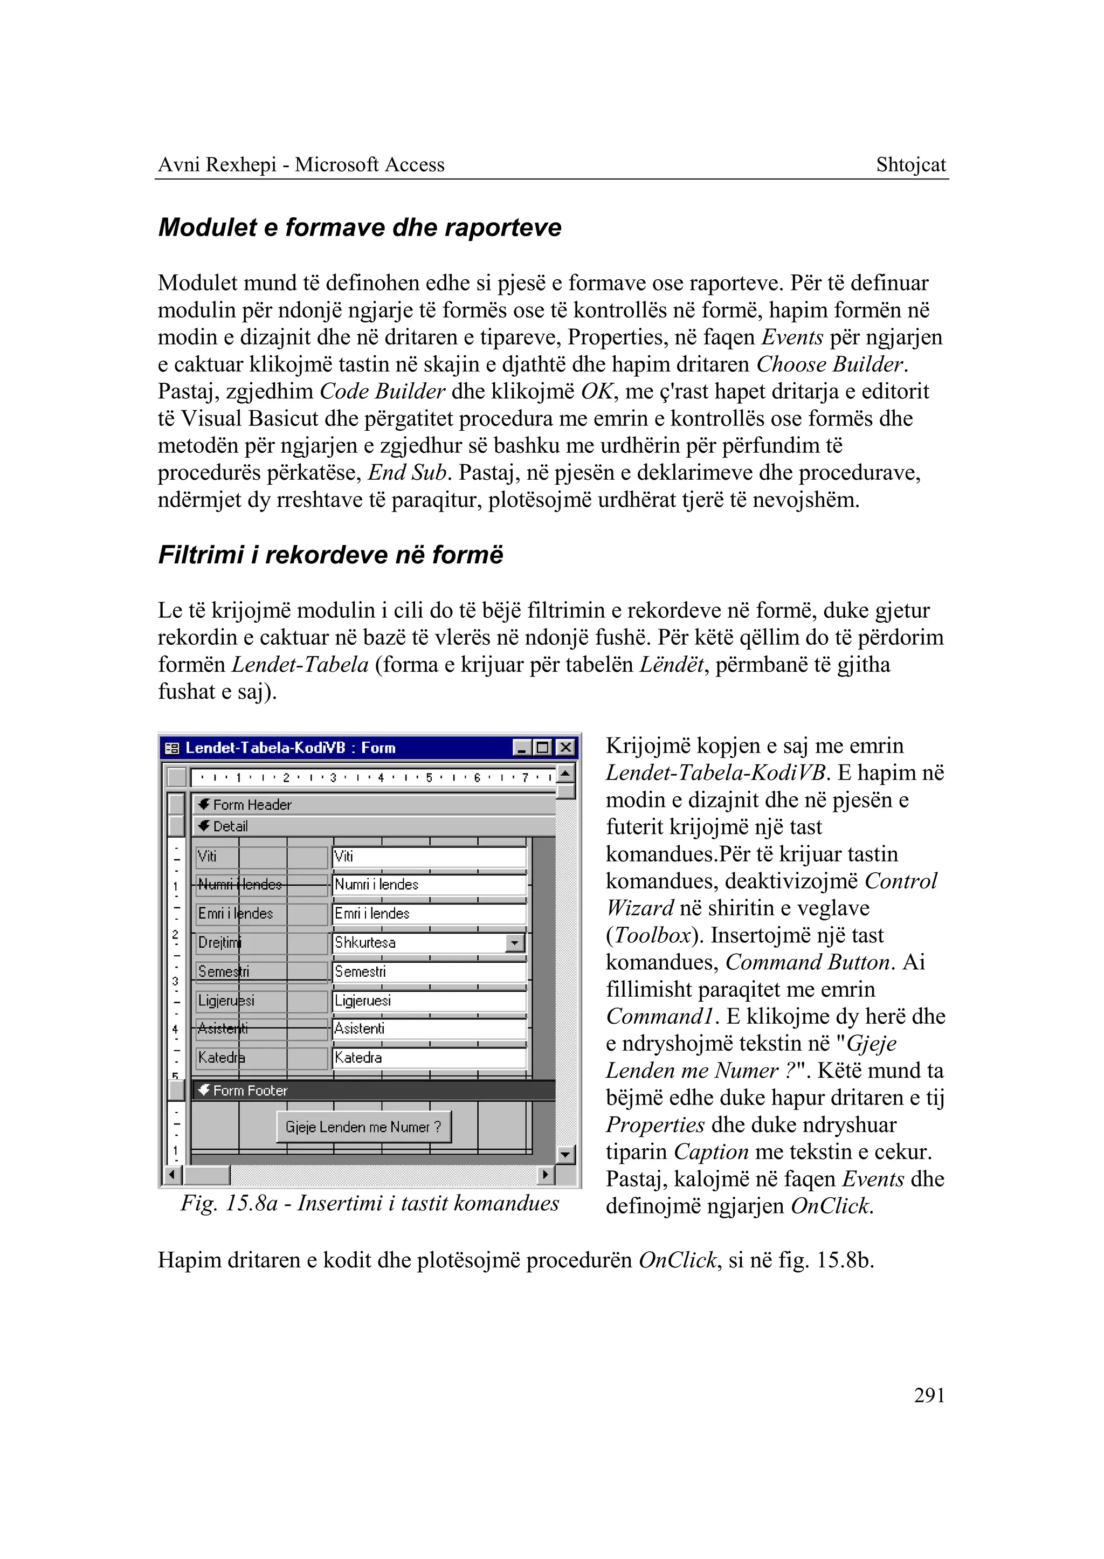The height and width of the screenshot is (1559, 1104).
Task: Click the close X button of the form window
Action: (565, 748)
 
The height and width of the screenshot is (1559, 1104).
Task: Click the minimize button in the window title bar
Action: (521, 748)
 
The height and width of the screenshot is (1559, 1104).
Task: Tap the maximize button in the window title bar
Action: (542, 748)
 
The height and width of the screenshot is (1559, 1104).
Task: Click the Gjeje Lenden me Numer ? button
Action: (364, 1127)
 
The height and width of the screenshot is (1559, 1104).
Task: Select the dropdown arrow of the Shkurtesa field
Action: (515, 943)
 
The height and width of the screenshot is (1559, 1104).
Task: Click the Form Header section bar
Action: (374, 804)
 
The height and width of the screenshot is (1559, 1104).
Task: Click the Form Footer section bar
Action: (374, 1091)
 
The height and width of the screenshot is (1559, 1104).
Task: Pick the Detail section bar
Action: (374, 826)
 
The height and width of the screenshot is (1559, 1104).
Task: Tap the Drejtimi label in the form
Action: (219, 943)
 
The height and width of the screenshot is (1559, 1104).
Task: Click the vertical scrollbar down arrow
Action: (565, 1155)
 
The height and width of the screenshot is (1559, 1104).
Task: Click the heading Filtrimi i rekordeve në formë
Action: (330, 555)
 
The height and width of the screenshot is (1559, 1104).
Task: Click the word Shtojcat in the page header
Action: (910, 164)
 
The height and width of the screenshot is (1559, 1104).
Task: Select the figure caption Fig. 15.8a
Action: (369, 1203)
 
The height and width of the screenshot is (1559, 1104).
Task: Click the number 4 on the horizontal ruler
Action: (381, 777)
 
